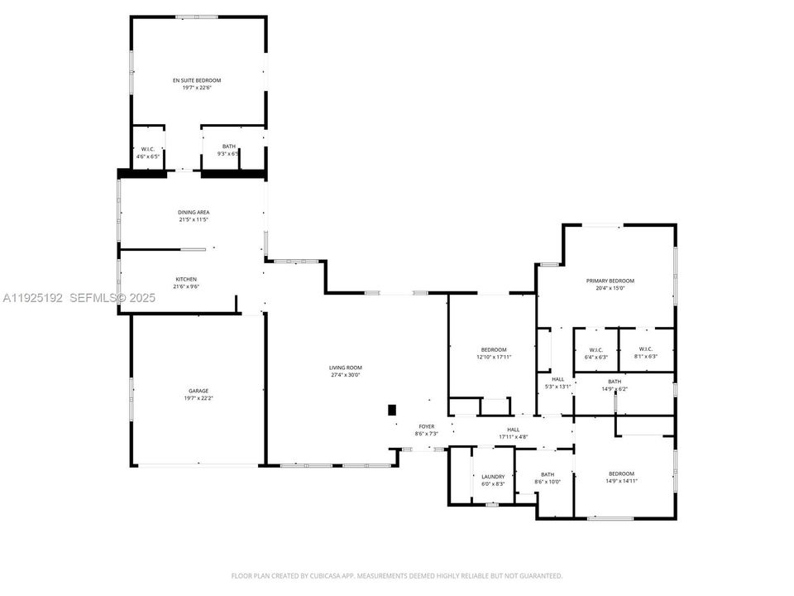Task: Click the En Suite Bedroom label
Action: (x=197, y=80)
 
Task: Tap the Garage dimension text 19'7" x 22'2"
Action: (x=198, y=398)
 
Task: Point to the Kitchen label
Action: (x=186, y=279)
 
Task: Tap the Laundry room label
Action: (x=493, y=476)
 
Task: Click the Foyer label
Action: (x=426, y=426)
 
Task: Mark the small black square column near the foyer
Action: (x=392, y=410)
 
